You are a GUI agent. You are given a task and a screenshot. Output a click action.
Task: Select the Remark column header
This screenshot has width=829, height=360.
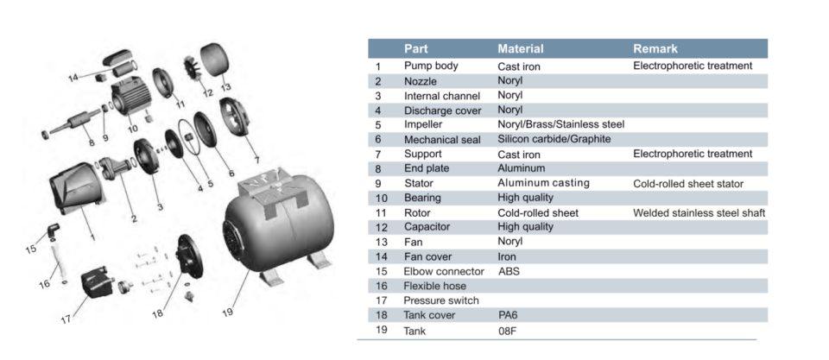click(655, 49)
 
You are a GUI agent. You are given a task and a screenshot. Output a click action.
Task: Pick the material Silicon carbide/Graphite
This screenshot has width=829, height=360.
click(554, 139)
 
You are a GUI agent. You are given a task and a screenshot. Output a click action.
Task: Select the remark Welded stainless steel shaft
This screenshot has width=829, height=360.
click(699, 212)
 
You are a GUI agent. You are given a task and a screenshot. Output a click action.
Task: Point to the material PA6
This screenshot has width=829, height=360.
click(508, 316)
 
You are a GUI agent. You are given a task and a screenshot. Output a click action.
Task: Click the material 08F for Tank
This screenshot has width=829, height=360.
click(508, 331)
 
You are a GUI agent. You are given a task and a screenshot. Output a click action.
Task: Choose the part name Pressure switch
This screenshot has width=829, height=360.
click(440, 300)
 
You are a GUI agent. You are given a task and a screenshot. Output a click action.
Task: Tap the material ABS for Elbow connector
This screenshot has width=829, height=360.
click(510, 271)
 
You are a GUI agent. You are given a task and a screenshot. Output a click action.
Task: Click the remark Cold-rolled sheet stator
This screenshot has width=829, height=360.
click(688, 183)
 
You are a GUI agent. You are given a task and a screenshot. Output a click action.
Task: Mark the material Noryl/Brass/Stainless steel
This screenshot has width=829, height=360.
click(560, 124)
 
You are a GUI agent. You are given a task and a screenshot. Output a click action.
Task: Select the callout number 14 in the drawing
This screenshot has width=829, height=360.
click(74, 78)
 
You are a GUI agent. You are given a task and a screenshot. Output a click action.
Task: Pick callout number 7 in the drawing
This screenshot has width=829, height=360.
click(256, 159)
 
